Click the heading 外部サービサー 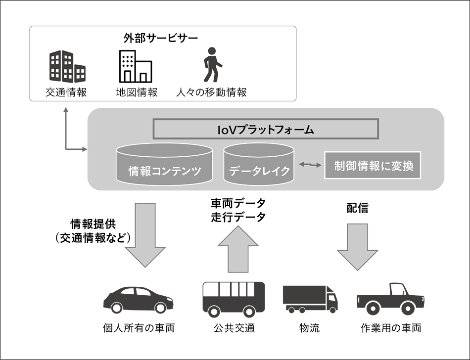click(x=161, y=38)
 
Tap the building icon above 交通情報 click(x=67, y=66)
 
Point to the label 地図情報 click(x=137, y=92)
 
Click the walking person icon click(x=213, y=65)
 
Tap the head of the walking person click(x=212, y=51)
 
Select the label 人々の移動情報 click(x=212, y=92)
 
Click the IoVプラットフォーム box click(x=266, y=130)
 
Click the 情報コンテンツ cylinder click(x=164, y=164)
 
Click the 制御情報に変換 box click(x=372, y=165)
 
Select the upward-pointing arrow click(x=238, y=250)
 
